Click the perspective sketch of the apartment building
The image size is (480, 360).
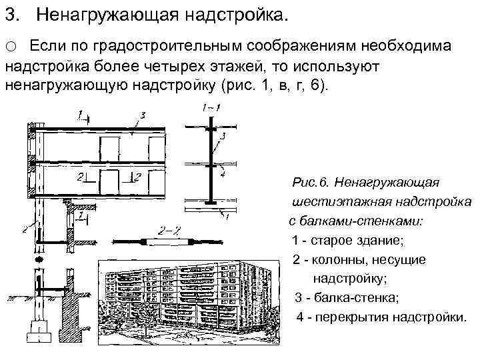tap(186, 296)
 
